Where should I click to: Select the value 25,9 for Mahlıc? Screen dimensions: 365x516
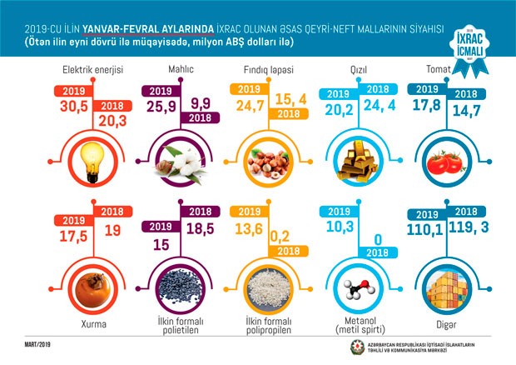pos(165,107)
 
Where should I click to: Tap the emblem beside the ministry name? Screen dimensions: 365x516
pos(357,346)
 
